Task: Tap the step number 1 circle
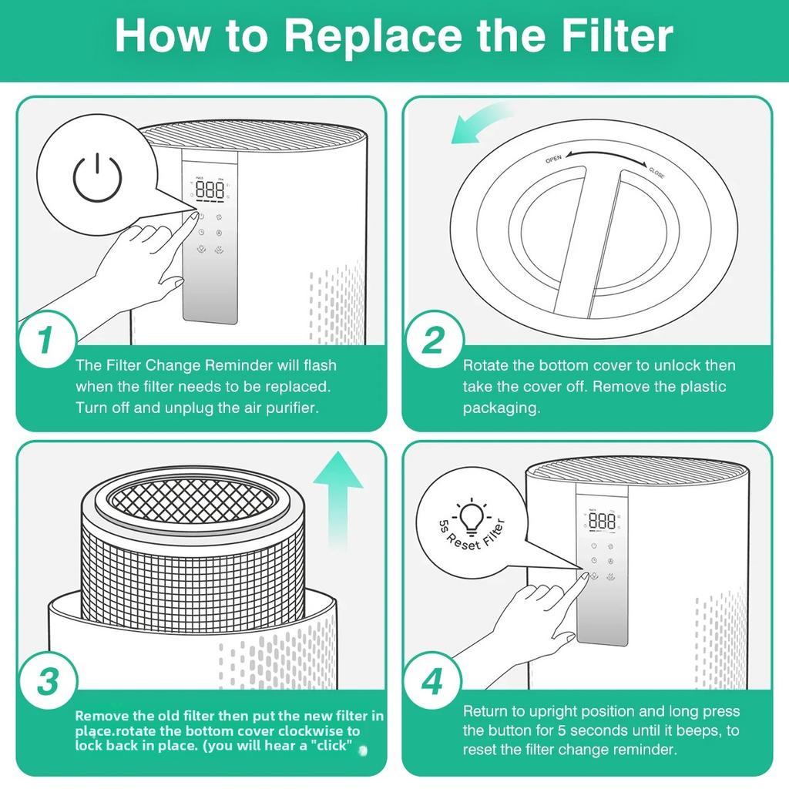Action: point(46,341)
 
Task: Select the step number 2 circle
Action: point(433,341)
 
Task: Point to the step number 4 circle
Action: point(433,682)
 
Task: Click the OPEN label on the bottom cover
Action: point(553,159)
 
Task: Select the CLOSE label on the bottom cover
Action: point(656,172)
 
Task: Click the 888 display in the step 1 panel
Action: point(210,190)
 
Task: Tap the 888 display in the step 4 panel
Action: point(602,522)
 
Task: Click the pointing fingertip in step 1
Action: point(190,219)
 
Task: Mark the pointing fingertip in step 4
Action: point(581,575)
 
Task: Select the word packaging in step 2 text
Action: point(501,408)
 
